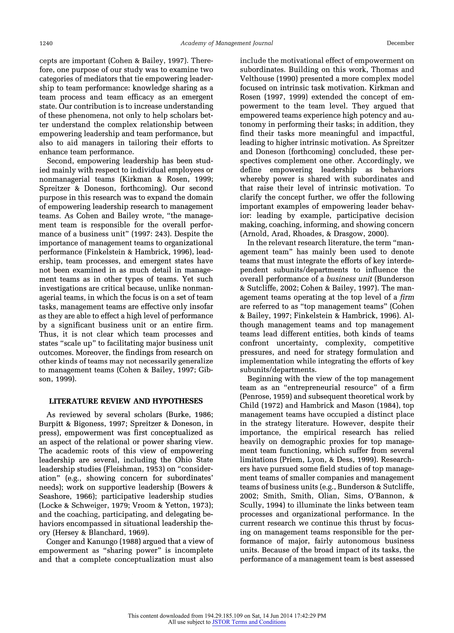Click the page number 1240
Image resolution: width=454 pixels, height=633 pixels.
tap(46, 43)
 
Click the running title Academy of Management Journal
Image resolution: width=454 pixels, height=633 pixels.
tap(226, 43)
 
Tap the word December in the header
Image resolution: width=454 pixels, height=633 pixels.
tap(400, 43)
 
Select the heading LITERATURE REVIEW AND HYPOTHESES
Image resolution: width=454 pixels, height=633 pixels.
tap(126, 401)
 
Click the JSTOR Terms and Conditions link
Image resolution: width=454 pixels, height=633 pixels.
tap(249, 622)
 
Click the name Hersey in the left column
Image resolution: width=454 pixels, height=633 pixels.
tap(66, 533)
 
